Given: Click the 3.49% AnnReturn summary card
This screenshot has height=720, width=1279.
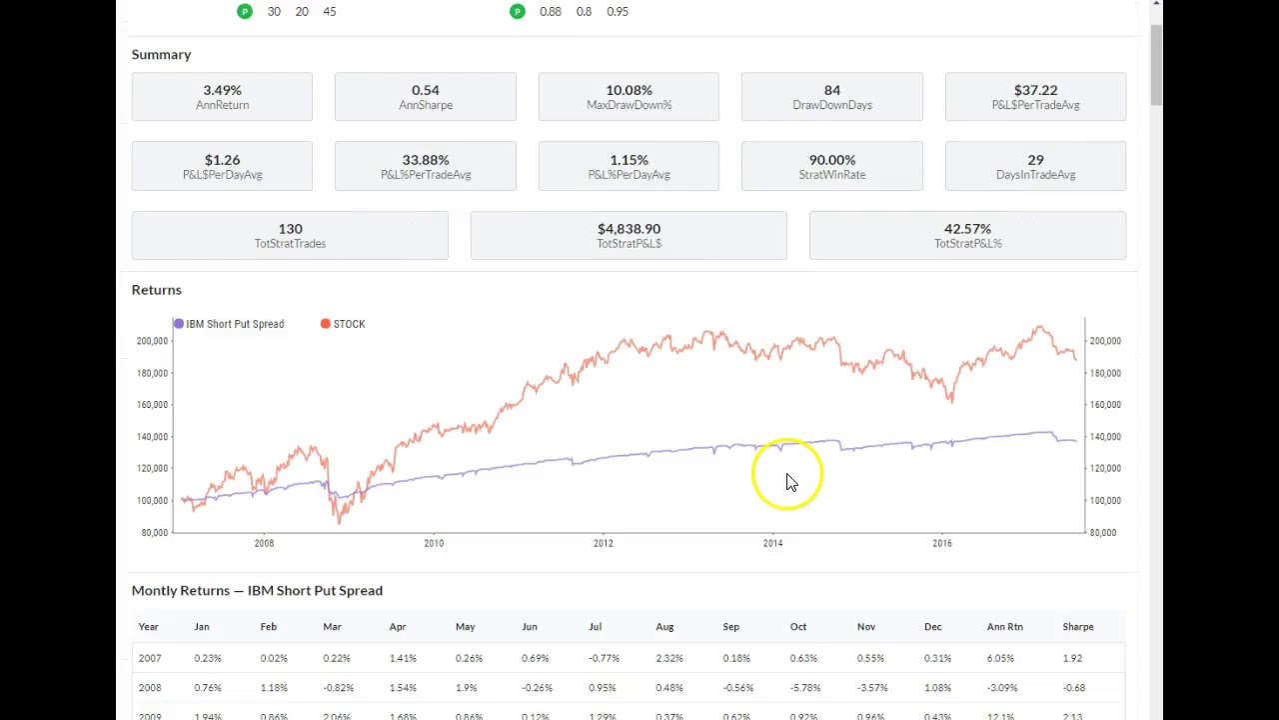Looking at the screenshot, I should point(222,97).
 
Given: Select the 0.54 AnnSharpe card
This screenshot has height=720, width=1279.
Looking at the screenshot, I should point(425,97).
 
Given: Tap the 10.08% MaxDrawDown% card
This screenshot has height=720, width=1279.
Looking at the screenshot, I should point(629,97).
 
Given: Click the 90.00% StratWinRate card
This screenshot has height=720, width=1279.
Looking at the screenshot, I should point(831,166).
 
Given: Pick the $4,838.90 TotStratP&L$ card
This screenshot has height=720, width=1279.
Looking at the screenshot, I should point(629,235).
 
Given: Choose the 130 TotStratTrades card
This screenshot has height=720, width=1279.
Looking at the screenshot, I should point(290,235).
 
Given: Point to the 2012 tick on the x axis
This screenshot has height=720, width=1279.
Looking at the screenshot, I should point(603,543).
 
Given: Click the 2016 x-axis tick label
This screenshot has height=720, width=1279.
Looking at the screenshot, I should point(941,543).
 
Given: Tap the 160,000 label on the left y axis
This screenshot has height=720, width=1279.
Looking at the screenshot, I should point(152,405).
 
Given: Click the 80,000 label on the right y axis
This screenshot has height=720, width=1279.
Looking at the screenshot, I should point(1103,532).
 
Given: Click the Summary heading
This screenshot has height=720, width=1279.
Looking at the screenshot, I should point(161,55).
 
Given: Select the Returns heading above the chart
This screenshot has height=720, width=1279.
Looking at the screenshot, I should point(156,290).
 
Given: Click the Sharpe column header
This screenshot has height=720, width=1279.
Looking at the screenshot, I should point(1077,627).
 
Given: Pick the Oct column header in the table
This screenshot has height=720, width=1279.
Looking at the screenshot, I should point(797,627).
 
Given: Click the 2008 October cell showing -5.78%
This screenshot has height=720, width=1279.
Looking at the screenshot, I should point(803,688).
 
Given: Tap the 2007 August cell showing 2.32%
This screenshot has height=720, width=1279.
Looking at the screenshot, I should point(668,658).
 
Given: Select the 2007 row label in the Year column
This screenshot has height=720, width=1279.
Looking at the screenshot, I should point(150,658).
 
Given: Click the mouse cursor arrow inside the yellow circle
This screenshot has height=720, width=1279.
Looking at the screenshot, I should point(790,483).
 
